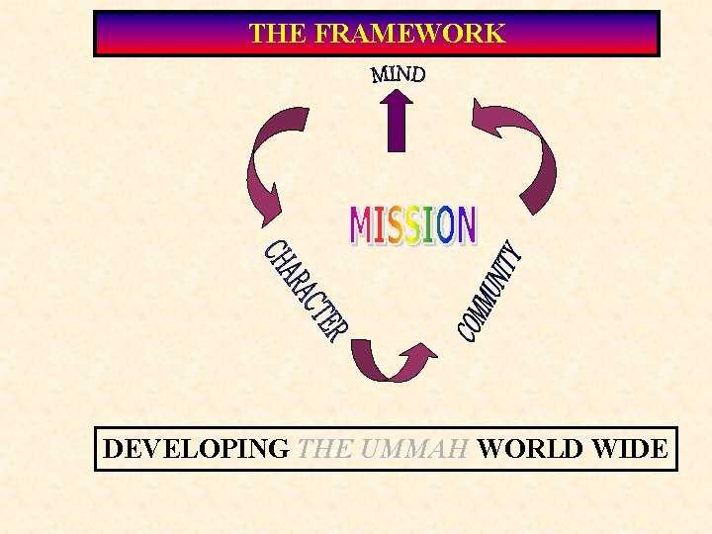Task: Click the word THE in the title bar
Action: (x=278, y=34)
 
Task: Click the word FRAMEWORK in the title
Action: (x=408, y=34)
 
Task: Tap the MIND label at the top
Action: (x=399, y=74)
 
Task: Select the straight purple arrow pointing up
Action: (x=397, y=122)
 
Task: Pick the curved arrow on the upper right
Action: (x=518, y=149)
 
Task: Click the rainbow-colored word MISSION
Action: (x=413, y=225)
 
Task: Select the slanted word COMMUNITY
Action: (x=489, y=293)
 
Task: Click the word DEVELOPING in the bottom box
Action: (x=196, y=449)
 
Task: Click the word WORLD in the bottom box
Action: (x=530, y=449)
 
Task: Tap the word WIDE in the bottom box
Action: (x=629, y=449)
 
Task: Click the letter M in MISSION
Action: (x=361, y=225)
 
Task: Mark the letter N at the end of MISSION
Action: (x=465, y=225)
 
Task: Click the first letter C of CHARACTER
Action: (x=273, y=251)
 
